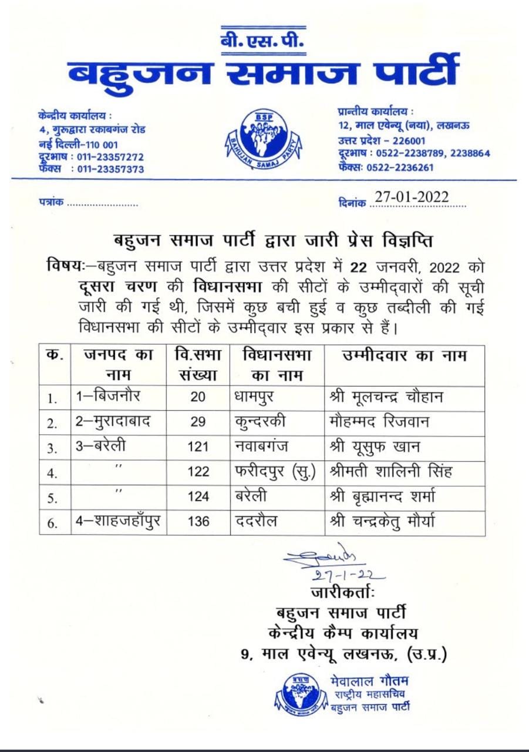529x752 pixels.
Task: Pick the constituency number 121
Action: click(198, 447)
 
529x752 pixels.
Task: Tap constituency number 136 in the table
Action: click(198, 522)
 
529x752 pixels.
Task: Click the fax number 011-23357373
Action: click(107, 169)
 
